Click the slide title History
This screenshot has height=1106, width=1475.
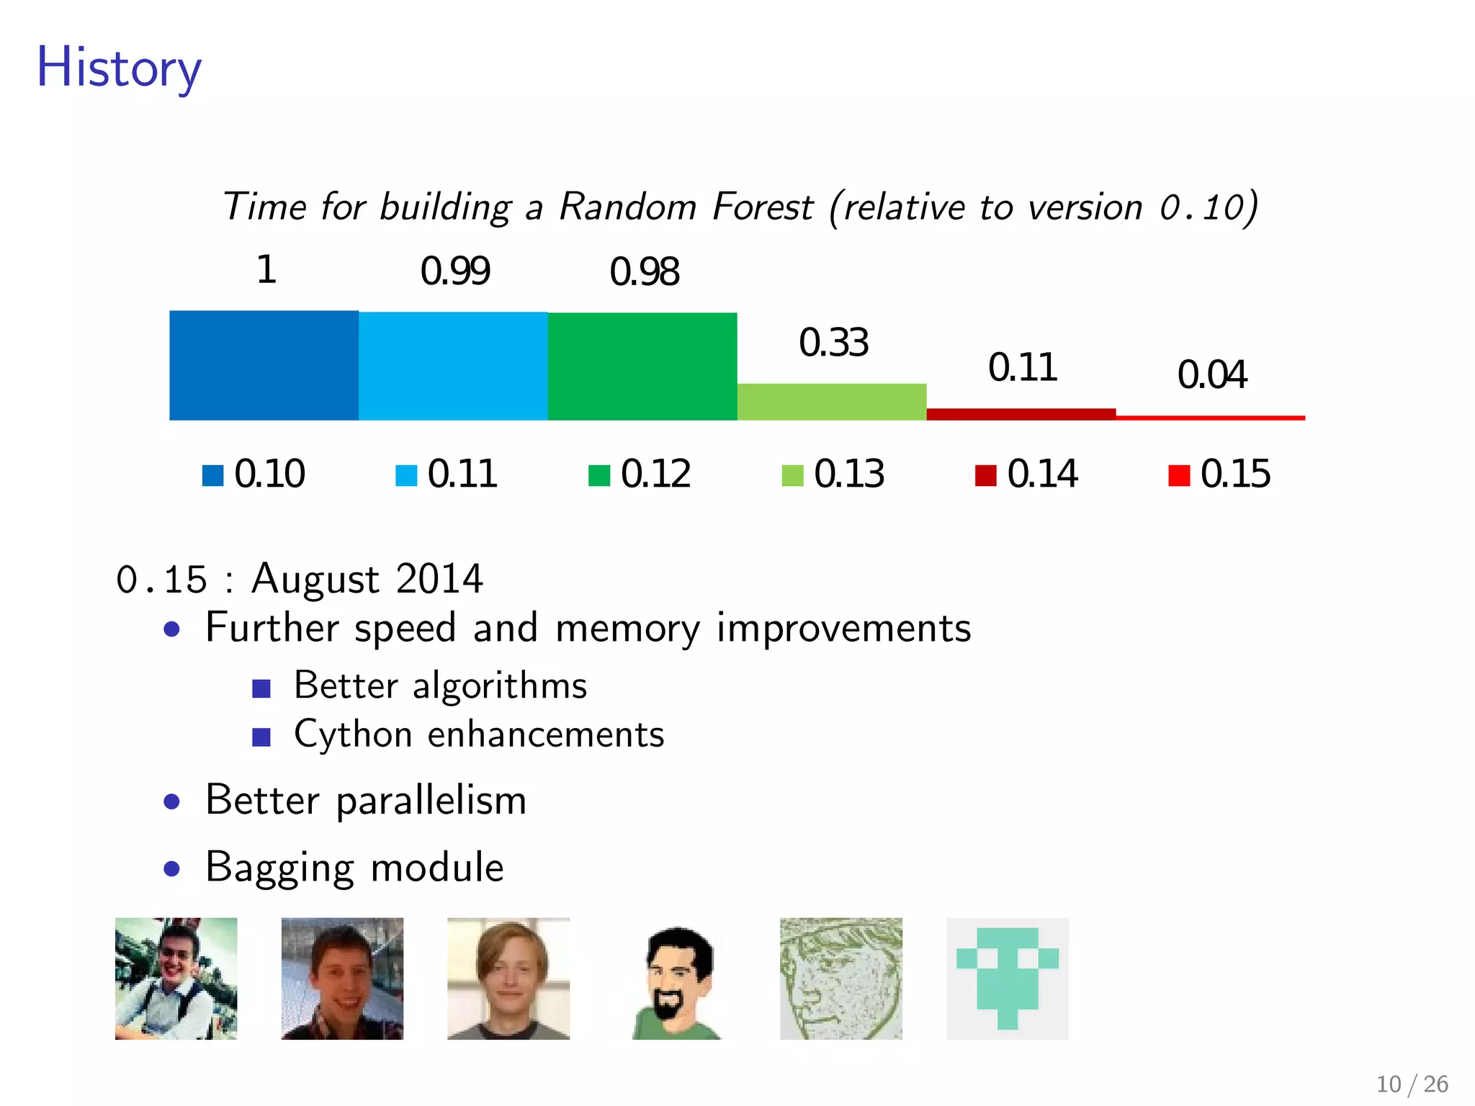pos(119,68)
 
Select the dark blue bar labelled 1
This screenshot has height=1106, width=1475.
pos(264,366)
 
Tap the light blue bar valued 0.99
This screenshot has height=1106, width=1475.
pos(453,366)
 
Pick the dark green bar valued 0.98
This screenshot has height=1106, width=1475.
pos(642,366)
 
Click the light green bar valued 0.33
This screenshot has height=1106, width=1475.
pos(832,402)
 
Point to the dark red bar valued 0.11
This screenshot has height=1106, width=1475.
pos(1021,414)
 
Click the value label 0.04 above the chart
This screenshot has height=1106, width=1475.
pos(1211,374)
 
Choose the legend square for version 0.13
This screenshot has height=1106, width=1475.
pos(792,476)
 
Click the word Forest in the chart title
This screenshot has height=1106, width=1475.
pos(762,207)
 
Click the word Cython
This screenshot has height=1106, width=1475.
pos(353,735)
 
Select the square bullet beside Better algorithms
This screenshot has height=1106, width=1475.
pos(261,688)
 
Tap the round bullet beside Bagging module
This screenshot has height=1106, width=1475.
pos(171,868)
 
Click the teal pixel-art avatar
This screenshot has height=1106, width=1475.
pos(1007,979)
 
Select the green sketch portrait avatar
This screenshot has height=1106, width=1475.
pos(840,979)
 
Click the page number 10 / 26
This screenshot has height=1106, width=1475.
pos(1412,1084)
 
